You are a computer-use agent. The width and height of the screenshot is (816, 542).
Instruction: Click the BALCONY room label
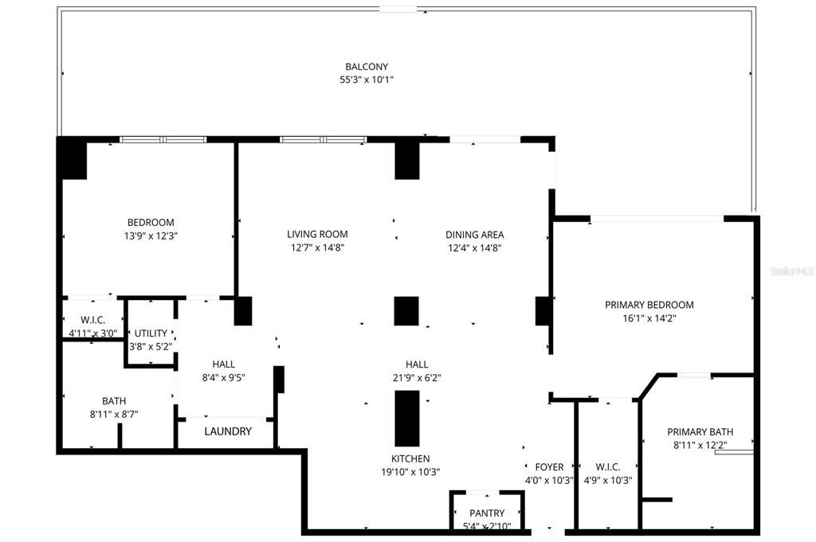pyautogui.click(x=367, y=67)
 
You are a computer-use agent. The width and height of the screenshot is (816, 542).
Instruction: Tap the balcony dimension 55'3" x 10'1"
pyautogui.click(x=367, y=80)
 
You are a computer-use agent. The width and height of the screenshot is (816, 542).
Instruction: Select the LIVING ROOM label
pyautogui.click(x=317, y=234)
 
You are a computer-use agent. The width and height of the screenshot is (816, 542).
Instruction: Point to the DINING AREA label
pyautogui.click(x=474, y=234)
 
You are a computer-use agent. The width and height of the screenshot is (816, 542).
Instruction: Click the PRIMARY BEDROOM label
pyautogui.click(x=649, y=305)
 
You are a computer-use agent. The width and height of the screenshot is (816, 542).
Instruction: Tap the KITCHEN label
pyautogui.click(x=410, y=458)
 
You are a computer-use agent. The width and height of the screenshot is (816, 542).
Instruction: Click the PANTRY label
pyautogui.click(x=486, y=513)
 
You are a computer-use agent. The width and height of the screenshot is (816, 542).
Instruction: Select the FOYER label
pyautogui.click(x=549, y=467)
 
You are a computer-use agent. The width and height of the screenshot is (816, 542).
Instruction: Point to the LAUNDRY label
pyautogui.click(x=228, y=431)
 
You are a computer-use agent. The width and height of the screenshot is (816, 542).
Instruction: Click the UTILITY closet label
pyautogui.click(x=151, y=333)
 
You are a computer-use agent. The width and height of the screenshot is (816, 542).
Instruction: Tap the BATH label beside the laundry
pyautogui.click(x=113, y=401)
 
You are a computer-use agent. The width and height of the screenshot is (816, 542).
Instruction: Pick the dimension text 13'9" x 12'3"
pyautogui.click(x=151, y=236)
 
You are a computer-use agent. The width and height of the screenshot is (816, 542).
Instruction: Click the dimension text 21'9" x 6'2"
pyautogui.click(x=418, y=378)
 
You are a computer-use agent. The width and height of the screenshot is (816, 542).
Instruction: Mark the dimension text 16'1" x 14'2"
pyautogui.click(x=649, y=318)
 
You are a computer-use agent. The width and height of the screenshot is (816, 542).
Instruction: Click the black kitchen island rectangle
pyautogui.click(x=407, y=418)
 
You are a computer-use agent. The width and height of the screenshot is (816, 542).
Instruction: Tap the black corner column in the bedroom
pyautogui.click(x=72, y=158)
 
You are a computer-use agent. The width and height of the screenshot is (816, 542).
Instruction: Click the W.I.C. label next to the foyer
pyautogui.click(x=607, y=467)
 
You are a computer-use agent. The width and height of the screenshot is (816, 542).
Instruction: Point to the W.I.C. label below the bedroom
pyautogui.click(x=92, y=320)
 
